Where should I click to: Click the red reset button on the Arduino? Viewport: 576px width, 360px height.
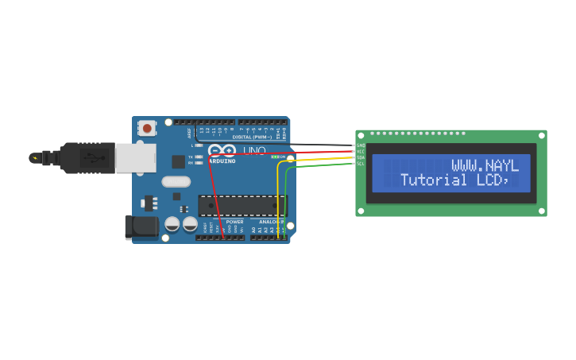click(147, 127)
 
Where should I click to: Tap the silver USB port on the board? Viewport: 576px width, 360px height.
click(135, 157)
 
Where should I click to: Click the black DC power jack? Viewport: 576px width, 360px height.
click(141, 227)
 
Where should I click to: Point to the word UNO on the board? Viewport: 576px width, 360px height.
click(253, 150)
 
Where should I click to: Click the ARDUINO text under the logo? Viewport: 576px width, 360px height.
click(222, 161)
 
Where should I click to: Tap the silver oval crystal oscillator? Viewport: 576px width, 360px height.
click(176, 181)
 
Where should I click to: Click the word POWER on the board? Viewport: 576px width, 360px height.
click(234, 222)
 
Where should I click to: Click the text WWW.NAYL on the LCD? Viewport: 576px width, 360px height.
click(485, 165)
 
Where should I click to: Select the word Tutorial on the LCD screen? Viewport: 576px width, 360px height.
click(433, 180)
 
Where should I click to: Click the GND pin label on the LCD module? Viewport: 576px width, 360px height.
click(361, 145)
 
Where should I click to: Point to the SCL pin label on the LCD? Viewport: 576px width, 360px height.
click(361, 164)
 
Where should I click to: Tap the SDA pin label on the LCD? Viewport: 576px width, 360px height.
click(361, 157)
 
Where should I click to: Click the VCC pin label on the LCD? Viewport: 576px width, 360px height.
click(361, 151)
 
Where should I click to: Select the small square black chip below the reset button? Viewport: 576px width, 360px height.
click(178, 161)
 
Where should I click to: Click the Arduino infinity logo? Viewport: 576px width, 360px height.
click(222, 150)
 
